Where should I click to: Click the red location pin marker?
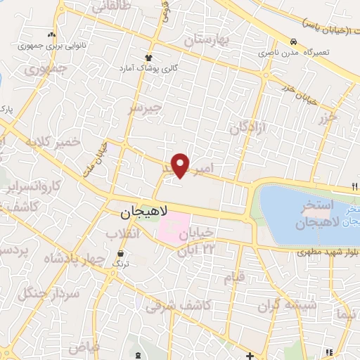(x=181, y=165)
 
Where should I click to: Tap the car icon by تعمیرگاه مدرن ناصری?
(x=292, y=41)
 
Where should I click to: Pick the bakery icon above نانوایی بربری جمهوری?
(x=50, y=34)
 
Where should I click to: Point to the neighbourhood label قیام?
(x=234, y=276)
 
